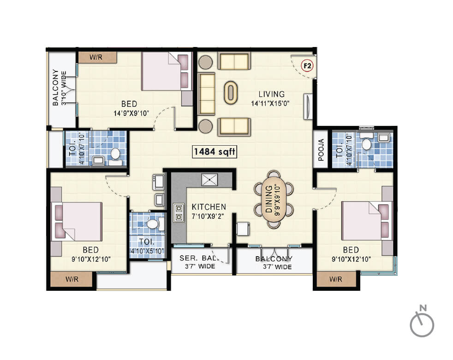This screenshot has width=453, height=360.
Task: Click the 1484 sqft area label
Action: (215, 152)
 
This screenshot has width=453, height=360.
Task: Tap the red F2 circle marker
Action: (307, 66)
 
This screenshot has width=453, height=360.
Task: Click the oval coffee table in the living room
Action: (231, 92)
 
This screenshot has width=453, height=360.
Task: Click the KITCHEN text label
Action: (209, 207)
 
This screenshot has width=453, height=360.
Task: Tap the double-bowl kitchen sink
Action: (178, 212)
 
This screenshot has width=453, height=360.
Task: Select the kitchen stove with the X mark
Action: (210, 179)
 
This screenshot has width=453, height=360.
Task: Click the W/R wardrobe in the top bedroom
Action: (97, 58)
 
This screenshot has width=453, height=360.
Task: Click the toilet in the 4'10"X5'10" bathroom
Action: (154, 224)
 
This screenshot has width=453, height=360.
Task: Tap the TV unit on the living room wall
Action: (308, 107)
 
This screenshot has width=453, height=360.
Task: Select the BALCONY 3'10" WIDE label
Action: (59, 88)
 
